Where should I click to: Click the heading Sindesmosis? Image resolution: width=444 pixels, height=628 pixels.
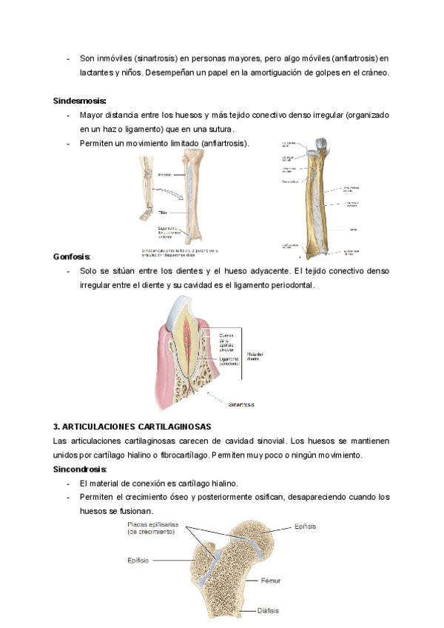coord(79,101)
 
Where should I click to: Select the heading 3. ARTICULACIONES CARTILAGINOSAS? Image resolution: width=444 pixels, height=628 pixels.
coord(132,427)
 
